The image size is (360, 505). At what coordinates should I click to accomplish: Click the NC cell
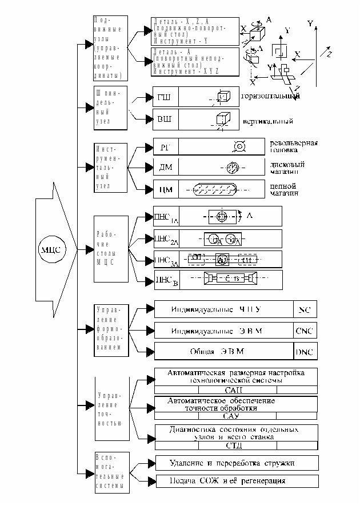tap(304, 309)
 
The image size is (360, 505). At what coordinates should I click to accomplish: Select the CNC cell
tap(304, 331)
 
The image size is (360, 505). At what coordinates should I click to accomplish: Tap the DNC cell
tap(304, 351)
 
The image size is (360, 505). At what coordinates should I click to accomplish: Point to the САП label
tap(235, 389)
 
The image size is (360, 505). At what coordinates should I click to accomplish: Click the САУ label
tap(235, 416)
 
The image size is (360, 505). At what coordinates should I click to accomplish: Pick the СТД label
tap(235, 445)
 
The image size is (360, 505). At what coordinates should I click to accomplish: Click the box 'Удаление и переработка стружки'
tap(235, 463)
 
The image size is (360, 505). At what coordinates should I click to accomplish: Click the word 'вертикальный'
tap(267, 121)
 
